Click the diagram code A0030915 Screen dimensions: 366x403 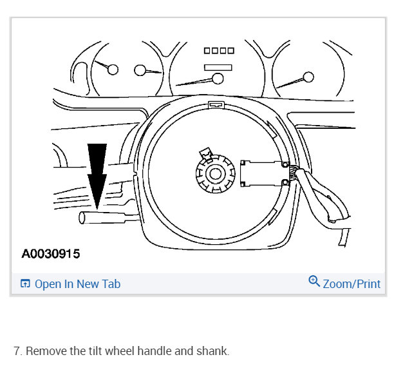pyautogui.click(x=51, y=254)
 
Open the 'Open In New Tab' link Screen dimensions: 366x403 pyautogui.click(x=77, y=284)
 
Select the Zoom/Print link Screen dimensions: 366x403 pyautogui.click(x=351, y=284)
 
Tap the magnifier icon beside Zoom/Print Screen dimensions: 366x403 pyautogui.click(x=314, y=282)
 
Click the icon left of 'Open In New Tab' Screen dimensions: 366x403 pyautogui.click(x=26, y=284)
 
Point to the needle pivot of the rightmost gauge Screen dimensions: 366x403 pyautogui.click(x=308, y=77)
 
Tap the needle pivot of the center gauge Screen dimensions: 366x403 pyautogui.click(x=217, y=79)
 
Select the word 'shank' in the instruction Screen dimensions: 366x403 pyautogui.click(x=212, y=351)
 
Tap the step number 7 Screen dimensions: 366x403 pyautogui.click(x=17, y=351)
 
